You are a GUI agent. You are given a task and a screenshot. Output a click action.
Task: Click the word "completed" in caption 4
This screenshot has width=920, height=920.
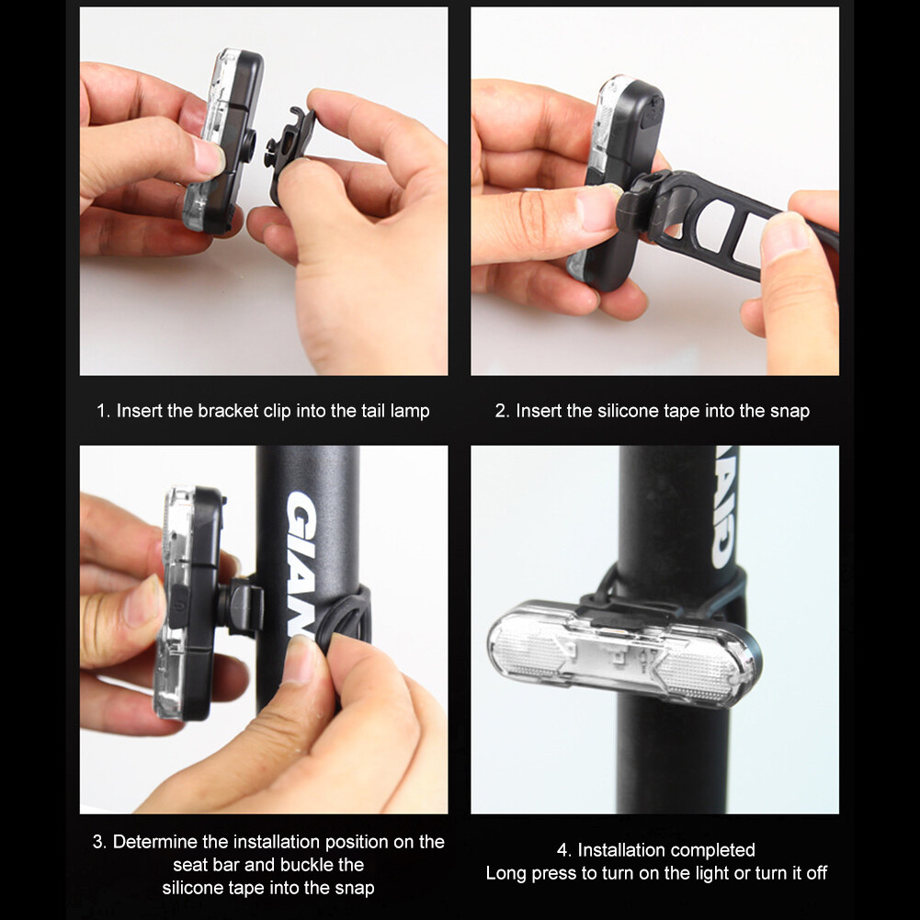pyautogui.click(x=712, y=850)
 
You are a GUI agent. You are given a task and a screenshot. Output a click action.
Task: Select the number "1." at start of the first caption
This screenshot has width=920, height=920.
pyautogui.click(x=104, y=411)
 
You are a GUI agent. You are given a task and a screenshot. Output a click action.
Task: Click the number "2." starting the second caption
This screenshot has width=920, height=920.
pyautogui.click(x=502, y=411)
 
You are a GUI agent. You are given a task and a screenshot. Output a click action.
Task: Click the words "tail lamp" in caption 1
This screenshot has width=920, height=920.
pyautogui.click(x=394, y=411)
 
